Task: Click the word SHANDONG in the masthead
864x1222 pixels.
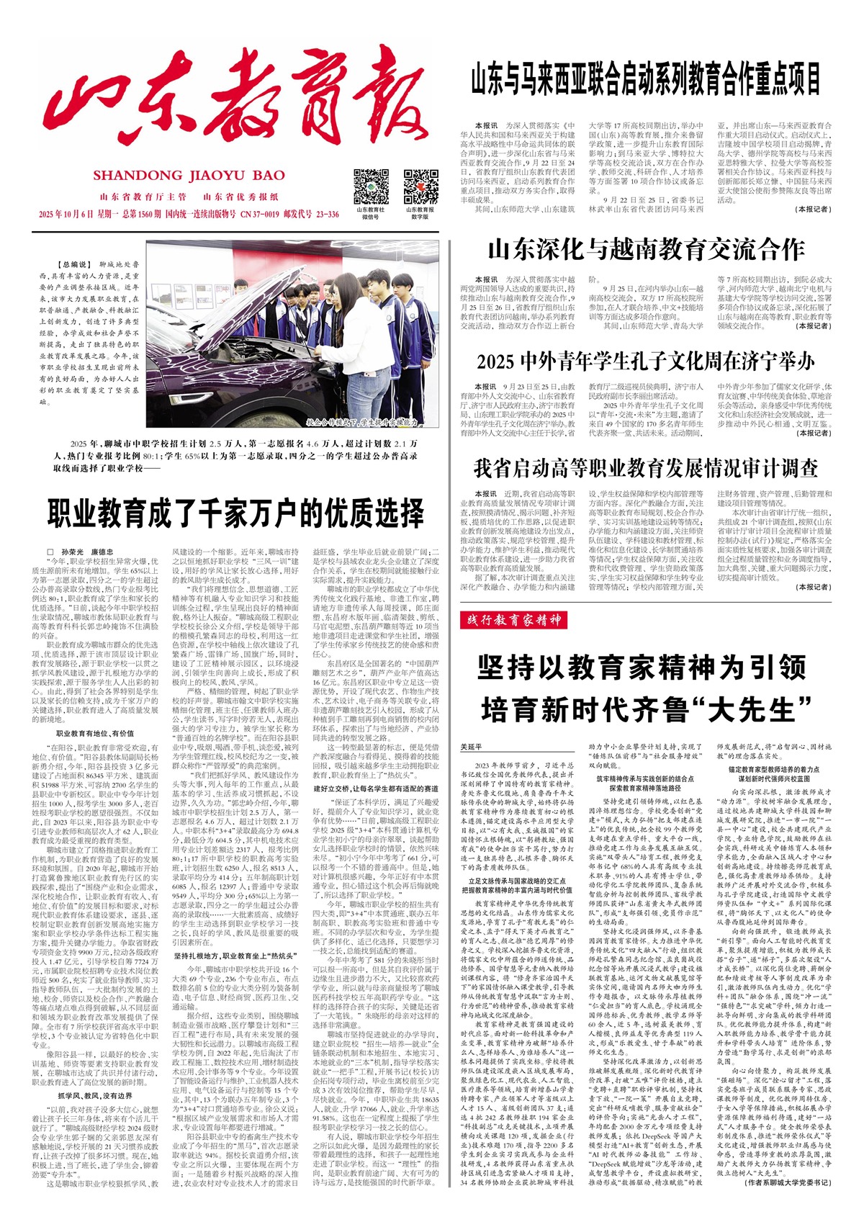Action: [x=138, y=176]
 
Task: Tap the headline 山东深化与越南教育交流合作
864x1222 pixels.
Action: [x=646, y=250]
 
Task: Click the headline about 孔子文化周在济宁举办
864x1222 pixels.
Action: [x=646, y=359]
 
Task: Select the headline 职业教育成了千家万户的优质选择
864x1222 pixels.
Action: [x=236, y=513]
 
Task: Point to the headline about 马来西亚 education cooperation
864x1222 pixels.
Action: [x=646, y=78]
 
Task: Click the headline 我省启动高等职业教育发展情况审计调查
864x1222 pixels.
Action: [x=646, y=468]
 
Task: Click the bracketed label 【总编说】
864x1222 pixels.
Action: [x=73, y=265]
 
